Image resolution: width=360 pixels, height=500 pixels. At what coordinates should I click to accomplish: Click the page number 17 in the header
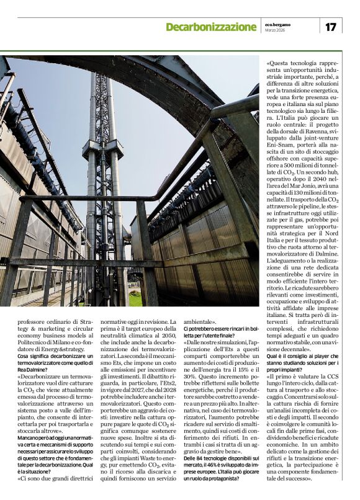[x=330, y=27]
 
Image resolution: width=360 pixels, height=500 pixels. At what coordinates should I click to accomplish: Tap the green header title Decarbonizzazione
[x=211, y=27]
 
